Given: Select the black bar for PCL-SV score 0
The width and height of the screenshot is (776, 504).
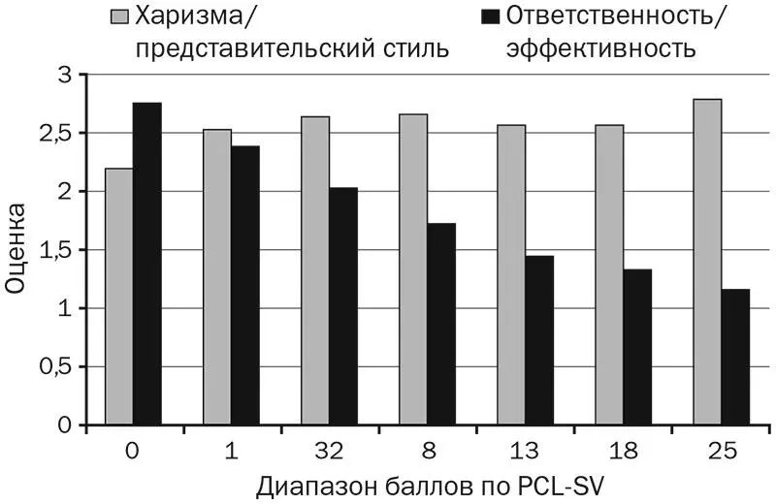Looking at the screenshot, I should [x=147, y=264].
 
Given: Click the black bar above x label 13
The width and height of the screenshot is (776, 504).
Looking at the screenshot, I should [x=539, y=340].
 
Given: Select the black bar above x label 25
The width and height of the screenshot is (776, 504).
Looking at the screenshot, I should [x=735, y=357].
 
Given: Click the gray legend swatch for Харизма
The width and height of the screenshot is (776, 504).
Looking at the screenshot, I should [x=120, y=16].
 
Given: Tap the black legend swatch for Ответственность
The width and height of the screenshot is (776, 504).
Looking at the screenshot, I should [x=488, y=16].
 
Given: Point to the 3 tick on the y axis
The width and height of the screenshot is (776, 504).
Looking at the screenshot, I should [x=65, y=75].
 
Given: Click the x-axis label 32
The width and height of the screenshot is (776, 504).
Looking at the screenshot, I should [x=329, y=451].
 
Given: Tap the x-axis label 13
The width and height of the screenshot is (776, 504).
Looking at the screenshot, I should [x=525, y=451].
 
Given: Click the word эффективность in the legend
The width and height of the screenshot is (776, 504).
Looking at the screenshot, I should [x=600, y=47].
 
